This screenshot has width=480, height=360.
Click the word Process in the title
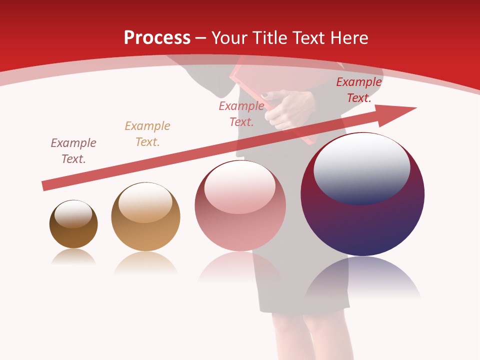(x=157, y=37)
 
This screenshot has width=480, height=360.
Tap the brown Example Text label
(x=73, y=150)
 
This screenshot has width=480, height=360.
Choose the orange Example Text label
(x=147, y=133)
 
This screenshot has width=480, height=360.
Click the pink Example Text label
(x=241, y=113)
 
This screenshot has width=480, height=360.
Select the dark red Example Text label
(x=359, y=90)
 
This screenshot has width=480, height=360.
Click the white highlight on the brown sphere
(x=73, y=214)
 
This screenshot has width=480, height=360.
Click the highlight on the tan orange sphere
(x=145, y=202)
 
